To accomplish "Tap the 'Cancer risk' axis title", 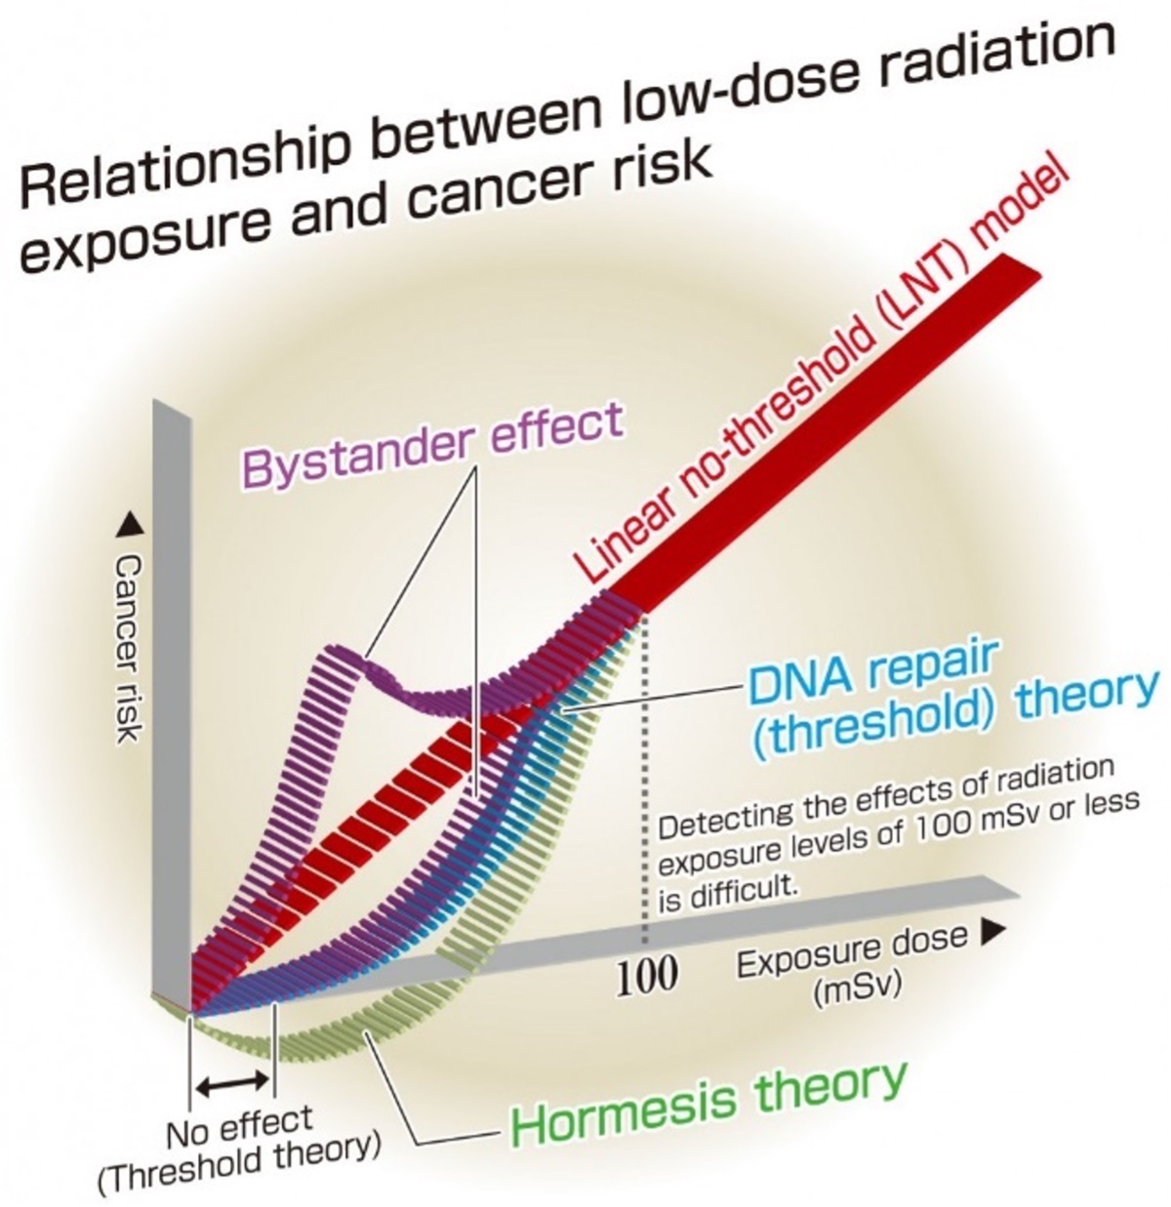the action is point(129,648).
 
